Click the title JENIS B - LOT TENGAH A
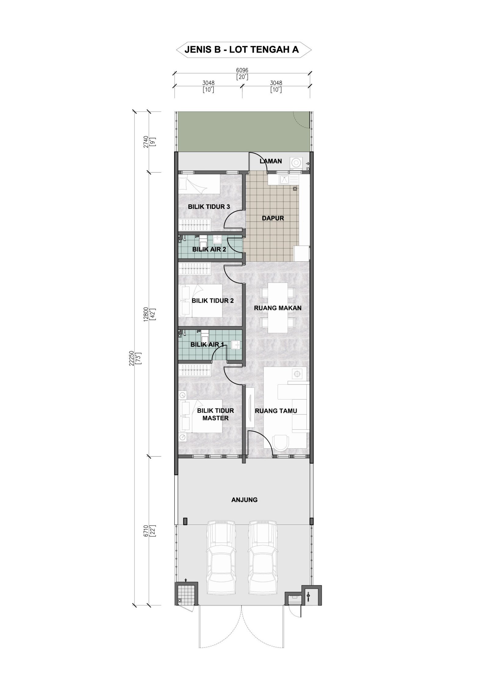(242, 50)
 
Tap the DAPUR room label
(273, 218)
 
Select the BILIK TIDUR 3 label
(209, 207)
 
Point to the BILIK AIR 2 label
(209, 249)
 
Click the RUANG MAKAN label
(278, 308)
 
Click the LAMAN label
(271, 161)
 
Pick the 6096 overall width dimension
(242, 70)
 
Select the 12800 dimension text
(147, 314)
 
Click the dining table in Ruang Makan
(278, 308)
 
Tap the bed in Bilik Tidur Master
(202, 416)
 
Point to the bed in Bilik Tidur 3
(199, 184)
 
